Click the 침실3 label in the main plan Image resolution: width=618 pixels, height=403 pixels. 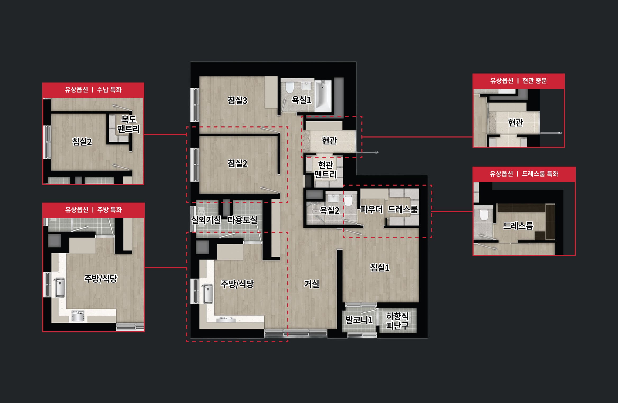[x=237, y=100]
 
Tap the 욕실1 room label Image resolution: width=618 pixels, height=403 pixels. [x=301, y=100]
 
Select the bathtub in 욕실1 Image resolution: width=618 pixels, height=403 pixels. [x=323, y=96]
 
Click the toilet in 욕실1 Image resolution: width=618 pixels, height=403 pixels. [x=290, y=88]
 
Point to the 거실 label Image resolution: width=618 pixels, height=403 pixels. [x=312, y=284]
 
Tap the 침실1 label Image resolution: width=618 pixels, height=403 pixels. [x=380, y=268]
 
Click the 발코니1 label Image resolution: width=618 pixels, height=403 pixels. [x=359, y=320]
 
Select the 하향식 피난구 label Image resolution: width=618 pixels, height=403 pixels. [x=397, y=320]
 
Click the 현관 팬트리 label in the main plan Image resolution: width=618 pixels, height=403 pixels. [x=325, y=170]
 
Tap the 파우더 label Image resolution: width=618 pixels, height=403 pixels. [x=371, y=210]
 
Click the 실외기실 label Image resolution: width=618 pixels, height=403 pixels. [x=206, y=220]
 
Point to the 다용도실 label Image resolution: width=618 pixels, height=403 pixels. [x=242, y=220]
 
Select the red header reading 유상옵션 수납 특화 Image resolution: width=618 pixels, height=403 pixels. [x=93, y=90]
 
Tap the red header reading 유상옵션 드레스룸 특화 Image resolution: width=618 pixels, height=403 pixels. [x=524, y=174]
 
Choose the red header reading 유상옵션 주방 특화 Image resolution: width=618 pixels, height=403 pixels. [x=93, y=210]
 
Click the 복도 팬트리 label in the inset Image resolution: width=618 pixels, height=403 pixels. [x=129, y=124]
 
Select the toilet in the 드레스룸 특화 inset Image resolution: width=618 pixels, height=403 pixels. [x=484, y=214]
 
